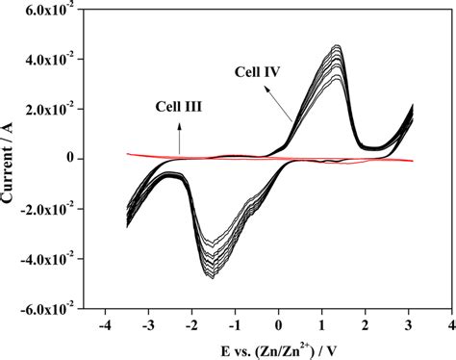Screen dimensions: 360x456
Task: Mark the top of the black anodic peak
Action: pyautogui.click(x=336, y=45)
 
